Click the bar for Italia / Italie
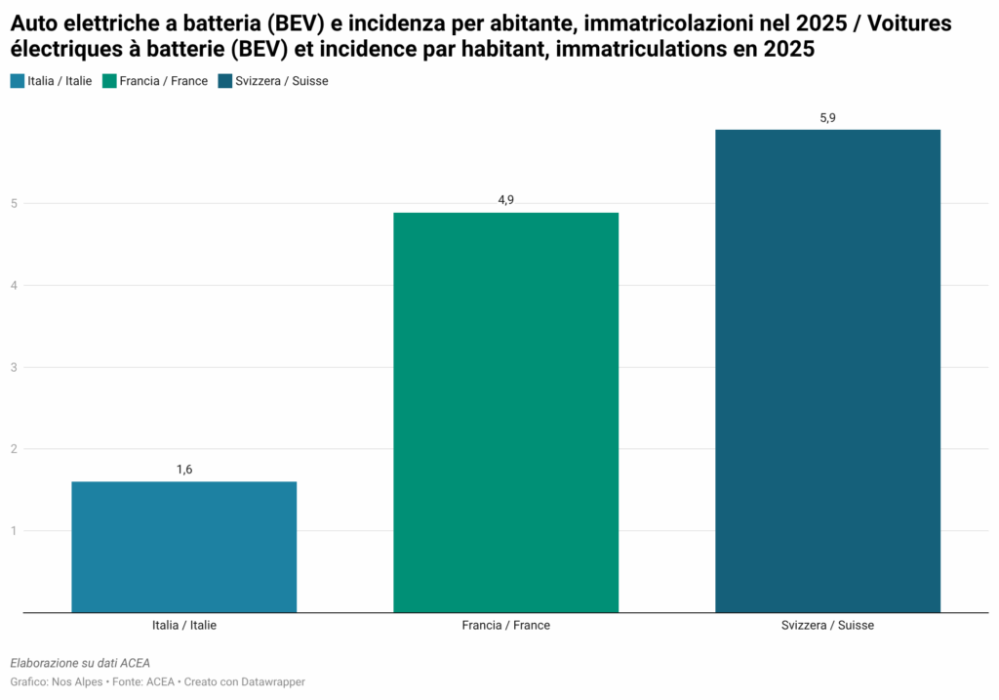point(184,547)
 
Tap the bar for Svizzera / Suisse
point(827,371)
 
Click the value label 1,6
point(184,470)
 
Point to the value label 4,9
point(505,200)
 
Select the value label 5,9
point(827,117)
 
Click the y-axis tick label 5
point(15,204)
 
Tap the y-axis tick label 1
point(15,531)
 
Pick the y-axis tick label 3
point(15,367)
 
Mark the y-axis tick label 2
point(15,449)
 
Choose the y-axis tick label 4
point(15,286)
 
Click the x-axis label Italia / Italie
point(184,625)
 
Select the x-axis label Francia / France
point(505,625)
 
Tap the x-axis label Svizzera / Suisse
point(827,625)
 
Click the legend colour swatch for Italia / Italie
point(18,81)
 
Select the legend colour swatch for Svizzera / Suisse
point(225,81)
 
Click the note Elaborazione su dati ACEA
point(80,663)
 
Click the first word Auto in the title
point(33,22)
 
